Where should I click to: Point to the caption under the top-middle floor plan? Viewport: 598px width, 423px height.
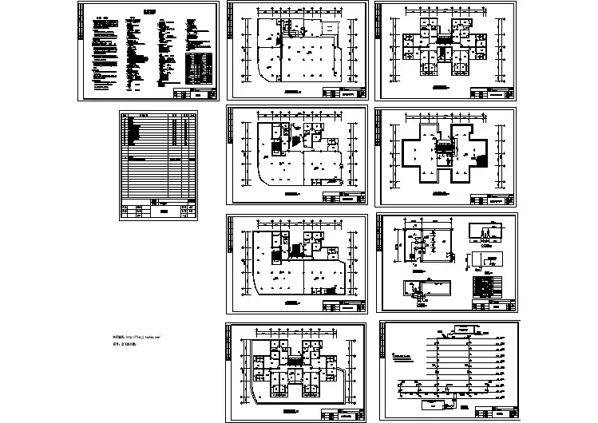[x=292, y=93]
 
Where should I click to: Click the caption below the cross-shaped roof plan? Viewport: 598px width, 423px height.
[x=441, y=192]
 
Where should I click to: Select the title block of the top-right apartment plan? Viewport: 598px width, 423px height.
[x=493, y=93]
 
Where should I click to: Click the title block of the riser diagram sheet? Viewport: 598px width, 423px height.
[x=493, y=413]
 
